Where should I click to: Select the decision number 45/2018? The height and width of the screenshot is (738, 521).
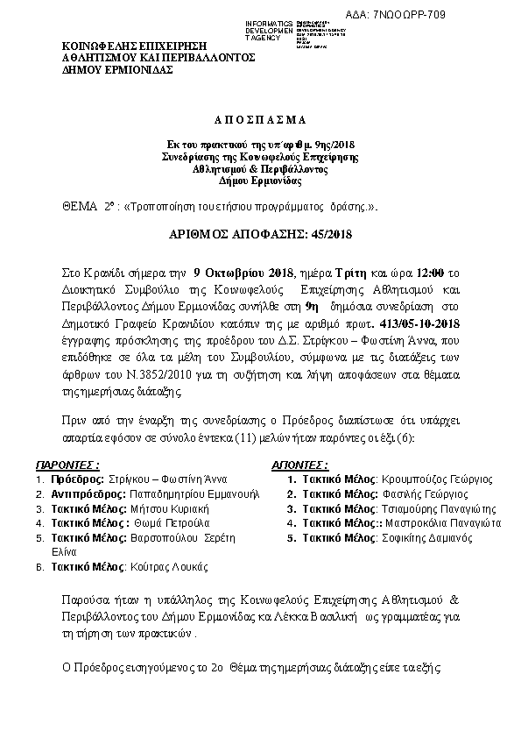[x=304, y=235]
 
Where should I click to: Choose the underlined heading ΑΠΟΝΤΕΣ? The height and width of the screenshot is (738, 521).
[x=300, y=464]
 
